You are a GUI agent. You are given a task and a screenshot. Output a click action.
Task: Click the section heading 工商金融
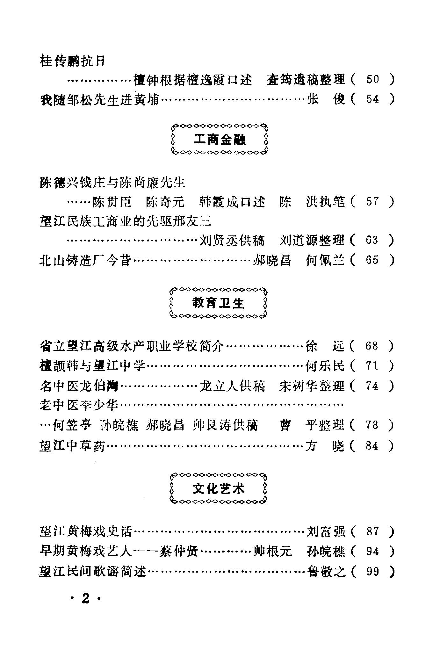[220, 140]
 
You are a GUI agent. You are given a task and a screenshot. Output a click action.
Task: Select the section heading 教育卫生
[218, 303]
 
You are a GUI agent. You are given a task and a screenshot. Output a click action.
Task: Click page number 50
[372, 79]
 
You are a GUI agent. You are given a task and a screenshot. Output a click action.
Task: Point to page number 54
[372, 99]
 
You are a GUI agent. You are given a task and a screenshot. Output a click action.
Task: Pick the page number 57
[372, 202]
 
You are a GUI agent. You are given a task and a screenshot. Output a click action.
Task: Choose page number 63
[372, 240]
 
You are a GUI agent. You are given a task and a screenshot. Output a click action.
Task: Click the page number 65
[372, 260]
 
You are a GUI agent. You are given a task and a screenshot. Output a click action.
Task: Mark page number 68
[372, 346]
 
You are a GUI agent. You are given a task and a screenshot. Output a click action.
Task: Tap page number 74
[372, 386]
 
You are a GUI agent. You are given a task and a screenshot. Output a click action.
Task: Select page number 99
[372, 572]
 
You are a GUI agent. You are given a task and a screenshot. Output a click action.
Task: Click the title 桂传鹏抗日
[72, 61]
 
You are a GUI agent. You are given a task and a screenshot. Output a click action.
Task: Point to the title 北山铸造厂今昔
[85, 260]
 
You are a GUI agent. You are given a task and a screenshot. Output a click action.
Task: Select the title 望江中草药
[72, 446]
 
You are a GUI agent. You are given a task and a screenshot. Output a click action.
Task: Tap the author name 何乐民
[325, 366]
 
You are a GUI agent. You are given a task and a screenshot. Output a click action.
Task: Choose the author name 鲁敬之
[326, 572]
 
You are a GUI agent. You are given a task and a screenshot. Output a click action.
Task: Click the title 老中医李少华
[79, 405]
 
